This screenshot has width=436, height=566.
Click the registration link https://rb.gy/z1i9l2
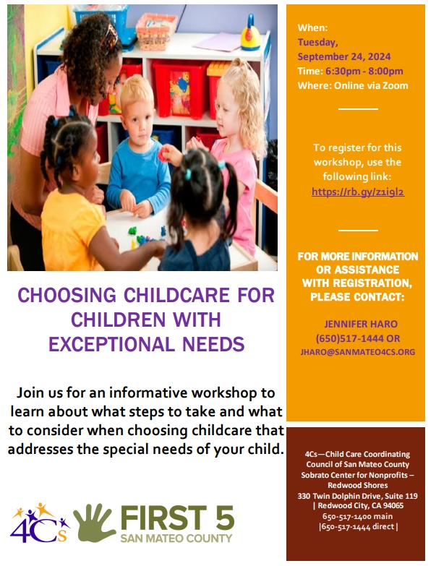coord(358,192)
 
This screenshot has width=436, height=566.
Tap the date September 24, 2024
coord(344,56)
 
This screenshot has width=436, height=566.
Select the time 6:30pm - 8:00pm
coord(364,71)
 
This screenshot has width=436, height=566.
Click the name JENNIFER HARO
coord(361,324)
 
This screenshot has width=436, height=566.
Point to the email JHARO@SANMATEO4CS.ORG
coord(358,352)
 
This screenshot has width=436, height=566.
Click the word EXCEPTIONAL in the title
coord(113,344)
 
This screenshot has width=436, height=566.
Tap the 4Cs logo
coord(40,523)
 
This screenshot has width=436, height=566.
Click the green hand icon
coord(95,523)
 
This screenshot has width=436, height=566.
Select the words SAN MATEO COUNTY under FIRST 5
coord(176,539)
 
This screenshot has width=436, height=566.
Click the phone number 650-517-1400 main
coord(357,516)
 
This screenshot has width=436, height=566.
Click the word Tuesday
coord(317,42)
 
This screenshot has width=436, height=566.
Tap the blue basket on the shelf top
coord(102,19)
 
